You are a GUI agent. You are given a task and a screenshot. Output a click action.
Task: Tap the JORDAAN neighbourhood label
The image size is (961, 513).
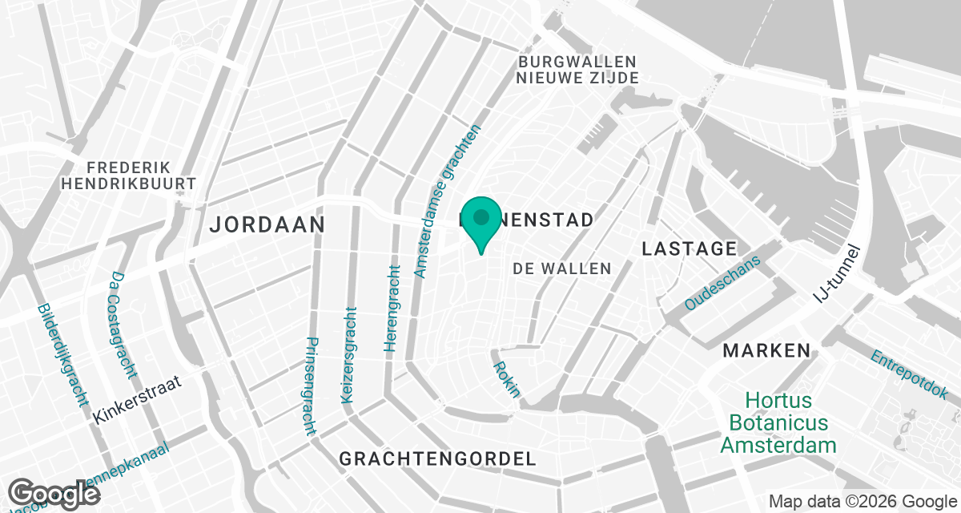(267, 224)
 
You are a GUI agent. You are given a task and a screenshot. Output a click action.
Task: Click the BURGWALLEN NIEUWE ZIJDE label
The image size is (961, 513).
(577, 70)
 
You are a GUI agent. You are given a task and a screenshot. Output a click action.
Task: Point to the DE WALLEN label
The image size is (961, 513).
(561, 269)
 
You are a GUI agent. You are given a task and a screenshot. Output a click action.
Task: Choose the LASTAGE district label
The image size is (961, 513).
(689, 249)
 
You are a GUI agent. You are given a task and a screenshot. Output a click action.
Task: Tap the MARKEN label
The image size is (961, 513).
(766, 350)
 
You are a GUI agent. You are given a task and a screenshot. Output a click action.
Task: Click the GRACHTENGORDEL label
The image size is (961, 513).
(437, 459)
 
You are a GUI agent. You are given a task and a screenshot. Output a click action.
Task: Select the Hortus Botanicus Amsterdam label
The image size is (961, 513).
(778, 422)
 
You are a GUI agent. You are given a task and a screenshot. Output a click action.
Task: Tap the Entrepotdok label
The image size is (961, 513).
(908, 376)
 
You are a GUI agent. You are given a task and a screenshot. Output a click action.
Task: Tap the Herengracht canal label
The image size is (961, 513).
(392, 309)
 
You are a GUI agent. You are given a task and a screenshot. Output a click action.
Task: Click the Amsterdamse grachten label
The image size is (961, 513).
(447, 201)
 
